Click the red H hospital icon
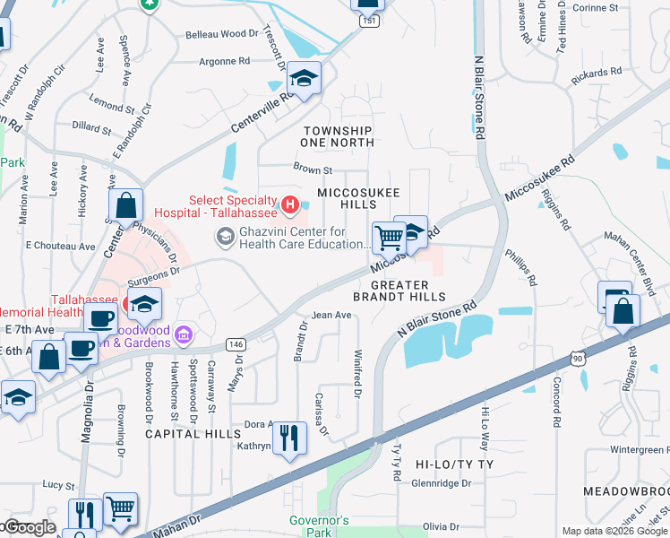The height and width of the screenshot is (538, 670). point(289,206)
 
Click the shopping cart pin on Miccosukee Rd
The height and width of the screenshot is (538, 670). point(389,239)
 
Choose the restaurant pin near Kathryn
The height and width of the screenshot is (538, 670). point(288,438)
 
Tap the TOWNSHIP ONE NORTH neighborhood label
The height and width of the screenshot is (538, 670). point(338,136)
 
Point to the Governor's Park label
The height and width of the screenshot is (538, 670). point(318,526)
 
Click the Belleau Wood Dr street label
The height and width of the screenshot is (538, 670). point(221,34)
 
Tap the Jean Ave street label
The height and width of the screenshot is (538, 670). point(331,315)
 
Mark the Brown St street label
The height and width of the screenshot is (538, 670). point(313,169)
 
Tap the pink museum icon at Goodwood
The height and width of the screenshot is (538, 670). point(183,335)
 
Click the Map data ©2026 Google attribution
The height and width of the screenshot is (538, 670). point(614,531)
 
